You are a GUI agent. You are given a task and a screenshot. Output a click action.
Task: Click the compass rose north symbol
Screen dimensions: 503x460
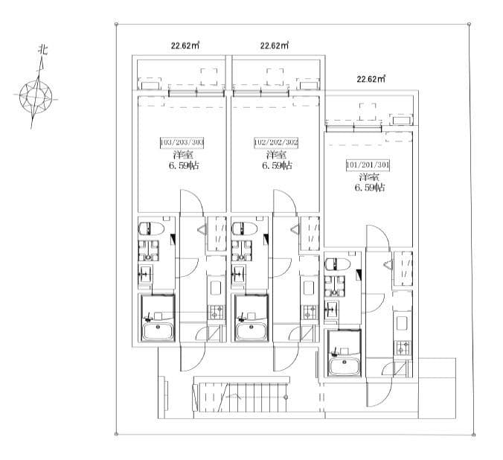click(x=36, y=95)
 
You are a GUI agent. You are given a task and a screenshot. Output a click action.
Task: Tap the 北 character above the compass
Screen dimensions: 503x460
click(x=43, y=50)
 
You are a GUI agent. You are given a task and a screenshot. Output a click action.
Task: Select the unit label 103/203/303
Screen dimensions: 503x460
click(x=182, y=142)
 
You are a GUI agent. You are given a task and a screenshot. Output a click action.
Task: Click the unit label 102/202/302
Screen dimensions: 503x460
click(x=276, y=142)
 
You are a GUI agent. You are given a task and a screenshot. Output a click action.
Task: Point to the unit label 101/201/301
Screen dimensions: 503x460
click(x=368, y=165)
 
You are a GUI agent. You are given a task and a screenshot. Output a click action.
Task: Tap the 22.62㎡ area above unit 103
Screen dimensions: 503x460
click(x=185, y=45)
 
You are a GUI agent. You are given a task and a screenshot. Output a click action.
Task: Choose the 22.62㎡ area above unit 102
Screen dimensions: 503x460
click(x=275, y=45)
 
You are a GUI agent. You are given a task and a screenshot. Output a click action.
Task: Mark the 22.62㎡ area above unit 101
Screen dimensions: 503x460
click(x=371, y=79)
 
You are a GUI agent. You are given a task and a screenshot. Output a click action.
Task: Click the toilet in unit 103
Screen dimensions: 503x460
click(x=151, y=229)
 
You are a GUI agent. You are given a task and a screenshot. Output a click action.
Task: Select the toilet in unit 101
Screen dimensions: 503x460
click(x=338, y=264)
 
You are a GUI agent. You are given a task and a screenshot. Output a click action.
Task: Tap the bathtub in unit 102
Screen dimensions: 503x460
click(x=251, y=331)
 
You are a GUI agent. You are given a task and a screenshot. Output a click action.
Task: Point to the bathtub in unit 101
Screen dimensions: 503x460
click(x=344, y=367)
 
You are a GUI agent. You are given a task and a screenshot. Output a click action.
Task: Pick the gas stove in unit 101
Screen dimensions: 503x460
click(x=403, y=348)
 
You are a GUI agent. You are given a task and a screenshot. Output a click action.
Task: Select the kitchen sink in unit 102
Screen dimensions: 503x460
click(x=310, y=288)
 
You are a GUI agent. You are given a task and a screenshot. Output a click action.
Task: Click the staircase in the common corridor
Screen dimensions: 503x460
click(x=240, y=397)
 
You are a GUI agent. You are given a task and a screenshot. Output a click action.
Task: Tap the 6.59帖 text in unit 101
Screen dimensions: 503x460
click(x=370, y=188)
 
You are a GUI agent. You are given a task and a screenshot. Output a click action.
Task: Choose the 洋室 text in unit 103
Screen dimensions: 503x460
click(x=183, y=155)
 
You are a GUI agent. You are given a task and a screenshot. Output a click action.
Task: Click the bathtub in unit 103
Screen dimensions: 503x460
click(x=158, y=331)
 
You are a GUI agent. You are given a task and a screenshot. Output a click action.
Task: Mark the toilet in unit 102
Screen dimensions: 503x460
click(x=245, y=229)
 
